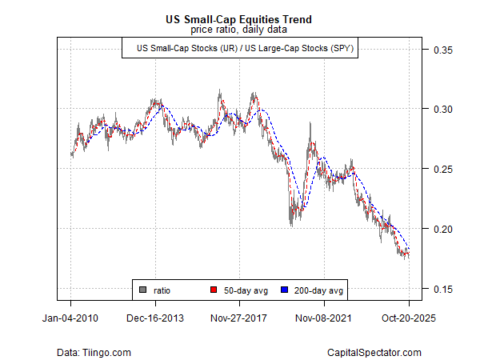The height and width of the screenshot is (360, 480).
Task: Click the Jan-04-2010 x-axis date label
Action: click(x=71, y=318)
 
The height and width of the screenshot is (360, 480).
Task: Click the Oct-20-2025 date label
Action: click(x=409, y=318)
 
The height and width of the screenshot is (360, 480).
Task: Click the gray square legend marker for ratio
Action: click(x=142, y=289)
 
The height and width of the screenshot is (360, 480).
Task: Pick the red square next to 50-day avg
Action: click(x=214, y=289)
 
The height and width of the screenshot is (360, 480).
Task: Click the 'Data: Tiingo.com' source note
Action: click(x=94, y=352)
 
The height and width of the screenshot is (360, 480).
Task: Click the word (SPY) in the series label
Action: click(x=341, y=49)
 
